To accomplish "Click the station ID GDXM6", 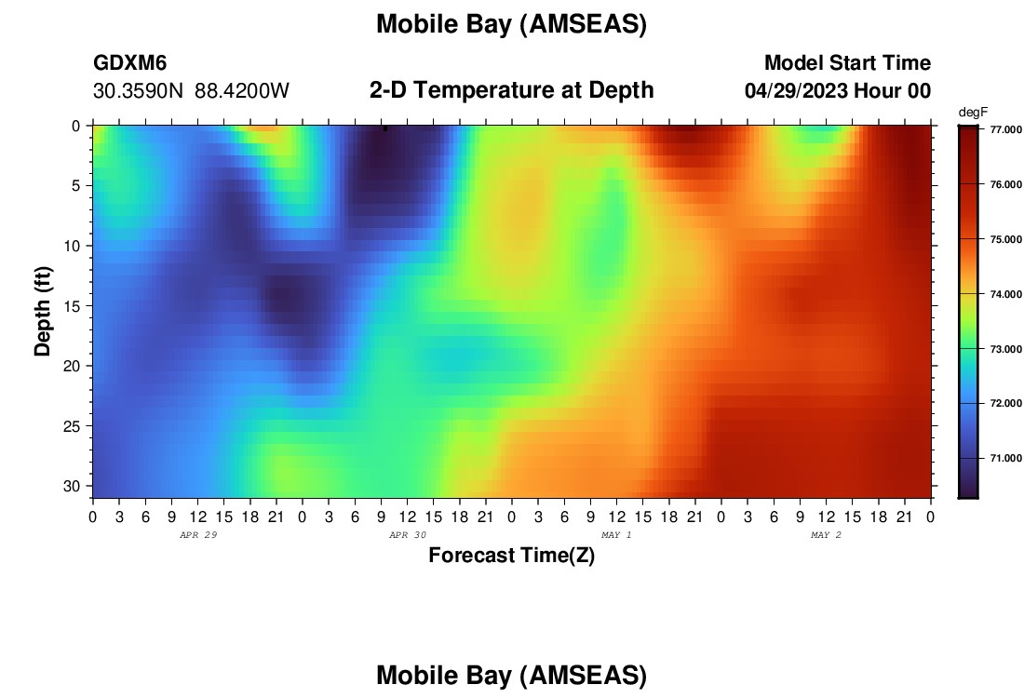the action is (x=130, y=62).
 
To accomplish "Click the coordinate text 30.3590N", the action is (x=138, y=91).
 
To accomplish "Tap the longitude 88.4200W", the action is (x=242, y=91).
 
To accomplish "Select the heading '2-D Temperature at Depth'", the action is (x=511, y=90).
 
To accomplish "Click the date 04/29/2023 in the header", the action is (x=796, y=91).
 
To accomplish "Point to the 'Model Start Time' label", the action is (x=848, y=62).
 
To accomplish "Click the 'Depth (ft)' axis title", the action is (x=43, y=311).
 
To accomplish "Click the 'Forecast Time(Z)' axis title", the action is (x=511, y=555).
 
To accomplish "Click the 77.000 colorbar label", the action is (x=1005, y=130).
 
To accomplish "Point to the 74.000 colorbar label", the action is (x=1005, y=294).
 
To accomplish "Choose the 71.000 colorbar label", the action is (x=1005, y=459).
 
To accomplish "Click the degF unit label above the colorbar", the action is (x=973, y=113).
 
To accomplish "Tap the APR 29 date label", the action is (x=198, y=535).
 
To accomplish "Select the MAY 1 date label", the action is (x=616, y=535).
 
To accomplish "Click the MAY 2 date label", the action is (x=826, y=535).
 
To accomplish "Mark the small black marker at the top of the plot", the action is (x=385, y=128).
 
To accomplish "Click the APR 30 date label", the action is (x=408, y=535).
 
